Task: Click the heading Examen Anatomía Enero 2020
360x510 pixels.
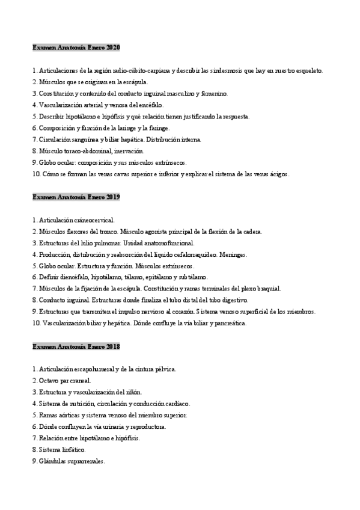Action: click(x=76, y=47)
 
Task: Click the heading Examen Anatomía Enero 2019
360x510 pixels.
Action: click(x=76, y=197)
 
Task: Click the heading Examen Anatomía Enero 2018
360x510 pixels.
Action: click(x=76, y=346)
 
